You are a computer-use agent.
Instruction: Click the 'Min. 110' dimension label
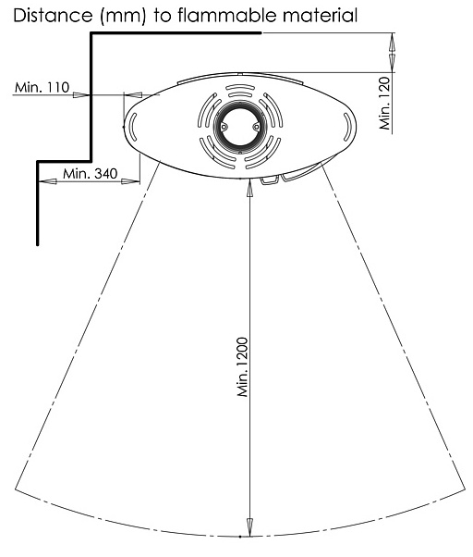[x=42, y=87]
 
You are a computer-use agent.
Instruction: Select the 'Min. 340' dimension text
[x=90, y=174]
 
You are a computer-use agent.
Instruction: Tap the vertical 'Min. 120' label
[x=384, y=103]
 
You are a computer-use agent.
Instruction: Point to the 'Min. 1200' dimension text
[x=243, y=367]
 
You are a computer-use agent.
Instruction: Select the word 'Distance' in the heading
[x=53, y=16]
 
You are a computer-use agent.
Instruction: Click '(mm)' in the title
[x=123, y=17]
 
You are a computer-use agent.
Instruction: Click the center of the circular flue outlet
[x=239, y=127]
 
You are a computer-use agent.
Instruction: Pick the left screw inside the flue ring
[x=224, y=127]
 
